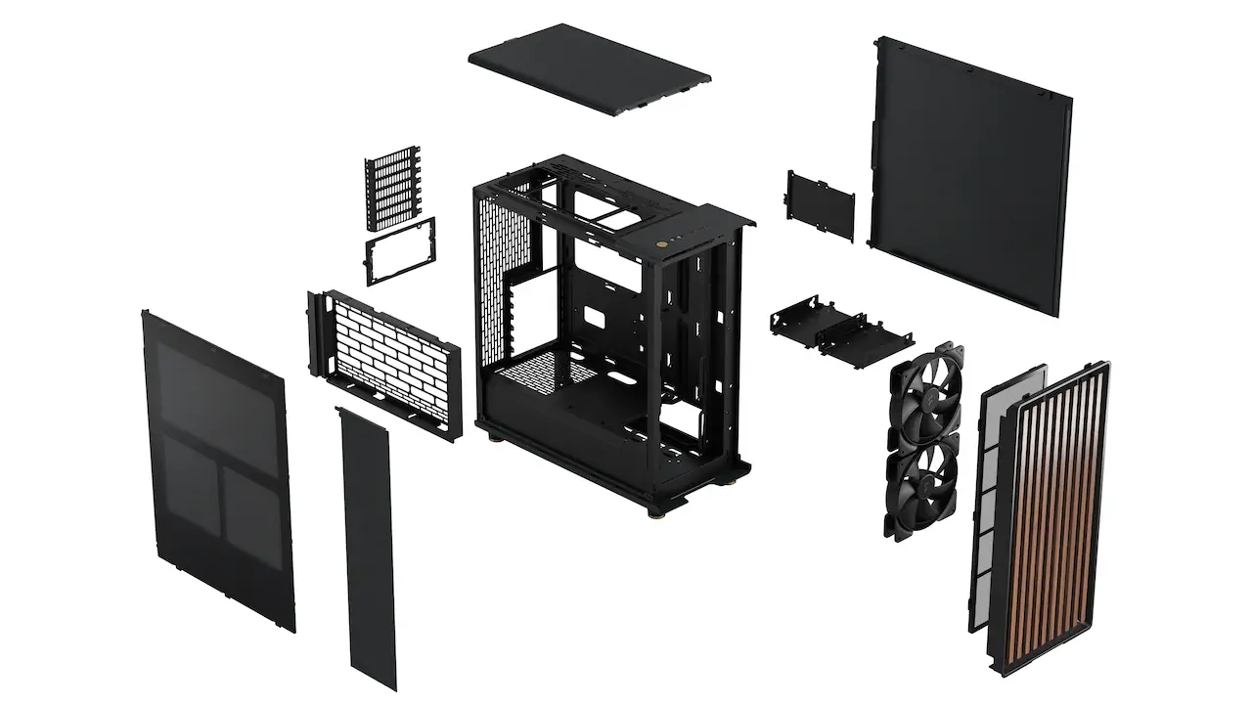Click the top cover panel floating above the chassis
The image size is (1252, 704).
click(x=589, y=68)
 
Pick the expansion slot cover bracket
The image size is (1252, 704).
click(x=393, y=189)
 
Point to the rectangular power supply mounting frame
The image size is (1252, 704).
click(x=400, y=251)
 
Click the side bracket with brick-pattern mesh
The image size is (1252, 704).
click(x=384, y=360)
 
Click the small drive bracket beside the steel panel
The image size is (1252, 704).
click(x=820, y=204)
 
